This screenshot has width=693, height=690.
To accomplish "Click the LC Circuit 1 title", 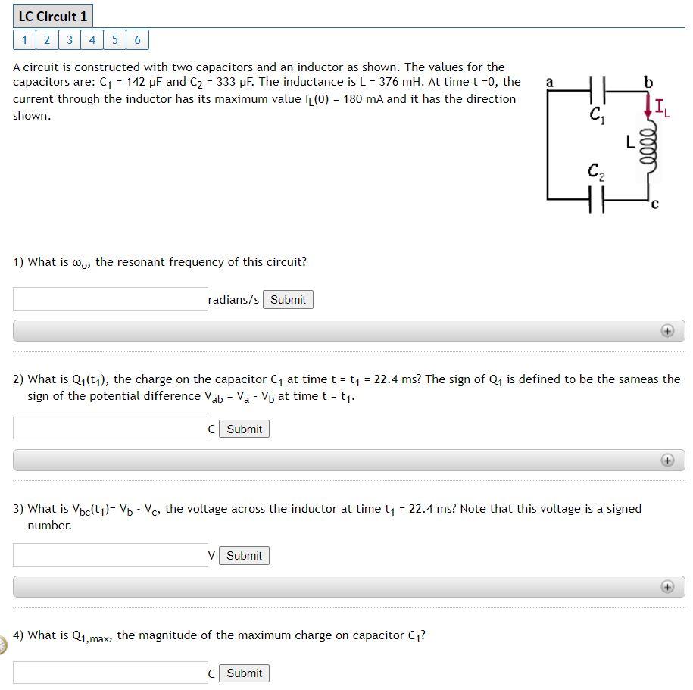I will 53,16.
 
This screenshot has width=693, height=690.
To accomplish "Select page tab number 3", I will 70,40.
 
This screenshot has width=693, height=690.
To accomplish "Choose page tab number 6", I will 137,40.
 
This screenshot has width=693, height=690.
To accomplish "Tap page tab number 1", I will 24,40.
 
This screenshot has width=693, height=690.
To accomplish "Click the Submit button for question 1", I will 288,300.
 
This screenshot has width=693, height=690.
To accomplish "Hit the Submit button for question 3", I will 244,556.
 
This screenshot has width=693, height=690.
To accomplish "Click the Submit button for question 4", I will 244,673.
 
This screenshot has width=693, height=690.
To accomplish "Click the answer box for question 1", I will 110,299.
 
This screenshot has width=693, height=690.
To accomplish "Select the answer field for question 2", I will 110,429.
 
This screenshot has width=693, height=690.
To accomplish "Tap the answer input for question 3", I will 110,555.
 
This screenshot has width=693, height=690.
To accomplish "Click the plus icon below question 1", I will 666,330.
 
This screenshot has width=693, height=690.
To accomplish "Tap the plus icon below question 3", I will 666,586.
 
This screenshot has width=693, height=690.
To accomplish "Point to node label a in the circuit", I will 550,82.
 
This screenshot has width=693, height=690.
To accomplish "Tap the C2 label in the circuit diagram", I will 596,173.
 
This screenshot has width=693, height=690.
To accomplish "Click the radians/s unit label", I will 233,300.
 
